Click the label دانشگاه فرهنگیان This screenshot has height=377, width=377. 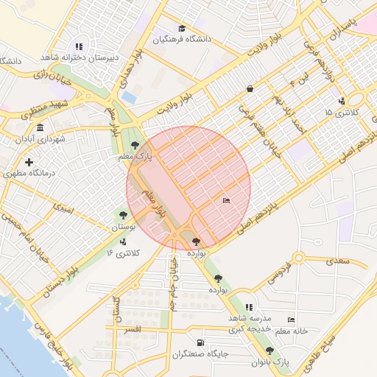(182, 39)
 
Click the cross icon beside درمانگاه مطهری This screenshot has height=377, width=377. (29, 162)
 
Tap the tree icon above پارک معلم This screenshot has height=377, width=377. (134, 145)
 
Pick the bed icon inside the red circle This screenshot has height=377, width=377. (226, 200)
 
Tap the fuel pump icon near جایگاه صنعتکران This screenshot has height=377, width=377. (201, 343)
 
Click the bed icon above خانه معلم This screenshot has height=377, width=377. (292, 320)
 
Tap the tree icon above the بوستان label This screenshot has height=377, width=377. (123, 215)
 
